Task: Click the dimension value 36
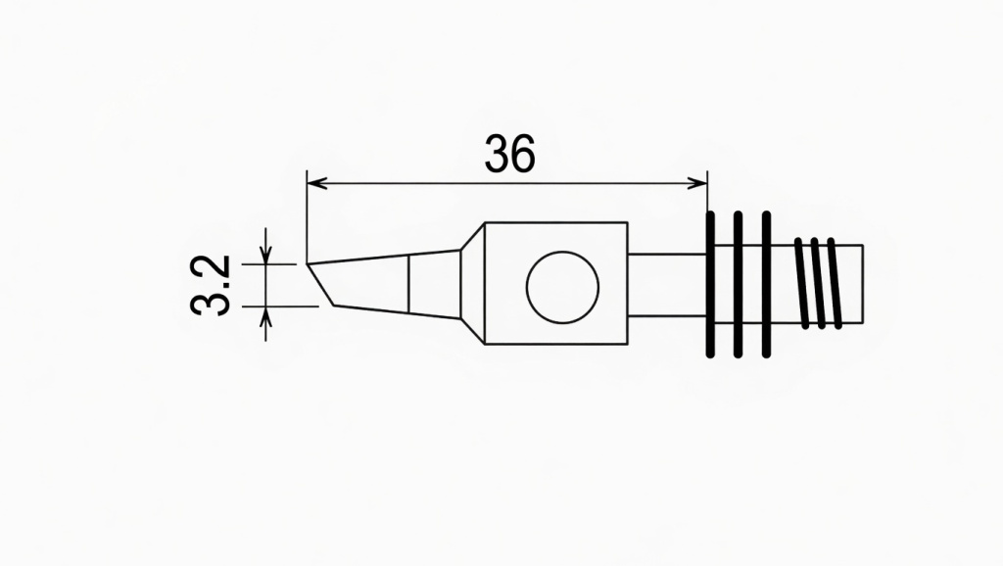click(510, 154)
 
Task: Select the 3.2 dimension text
click(211, 285)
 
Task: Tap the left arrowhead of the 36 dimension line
click(313, 182)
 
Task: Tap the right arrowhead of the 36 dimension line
click(700, 182)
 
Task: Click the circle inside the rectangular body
click(562, 285)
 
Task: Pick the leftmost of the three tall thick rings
click(711, 284)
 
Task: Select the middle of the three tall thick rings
click(739, 284)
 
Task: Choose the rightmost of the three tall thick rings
click(766, 284)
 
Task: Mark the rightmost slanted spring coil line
click(834, 283)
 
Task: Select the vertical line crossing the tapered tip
click(408, 284)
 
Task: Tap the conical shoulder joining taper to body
click(472, 284)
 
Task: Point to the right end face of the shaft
click(863, 283)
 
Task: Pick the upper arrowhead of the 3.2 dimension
click(265, 258)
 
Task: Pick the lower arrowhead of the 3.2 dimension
click(265, 313)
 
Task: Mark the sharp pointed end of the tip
click(308, 263)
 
